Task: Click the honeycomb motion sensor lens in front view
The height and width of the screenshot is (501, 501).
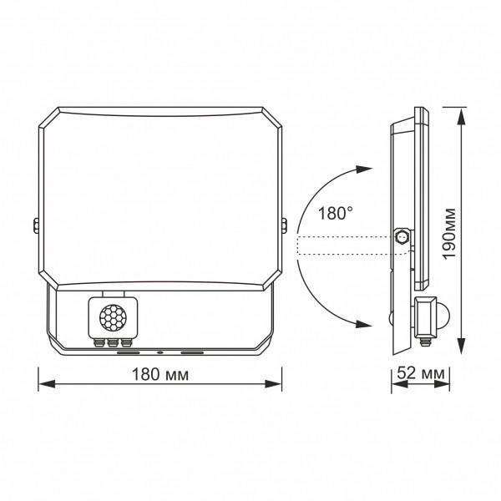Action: click(x=111, y=318)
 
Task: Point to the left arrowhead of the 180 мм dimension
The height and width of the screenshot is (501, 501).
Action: click(x=46, y=385)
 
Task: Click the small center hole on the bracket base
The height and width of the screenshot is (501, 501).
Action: click(x=159, y=352)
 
